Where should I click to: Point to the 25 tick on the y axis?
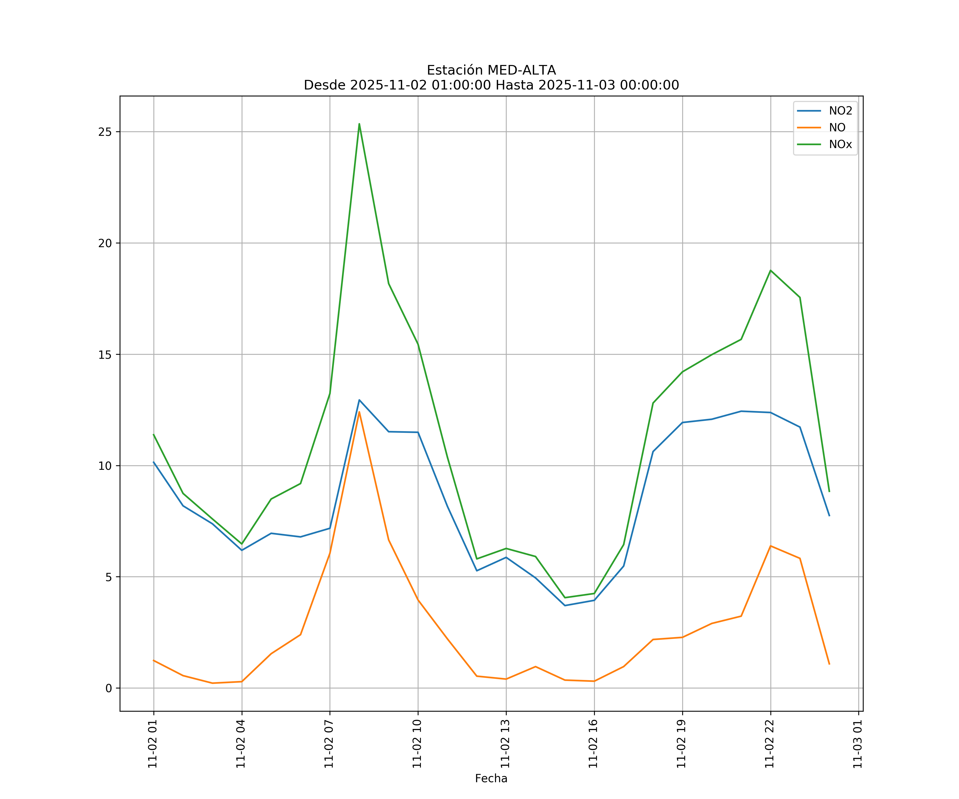tap(105, 132)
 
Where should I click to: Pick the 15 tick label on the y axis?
tap(105, 355)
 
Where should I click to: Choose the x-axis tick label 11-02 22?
tap(770, 744)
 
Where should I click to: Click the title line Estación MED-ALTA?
tap(491, 70)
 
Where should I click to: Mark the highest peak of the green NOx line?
tap(359, 124)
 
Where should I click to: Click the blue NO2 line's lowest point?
tap(565, 605)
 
